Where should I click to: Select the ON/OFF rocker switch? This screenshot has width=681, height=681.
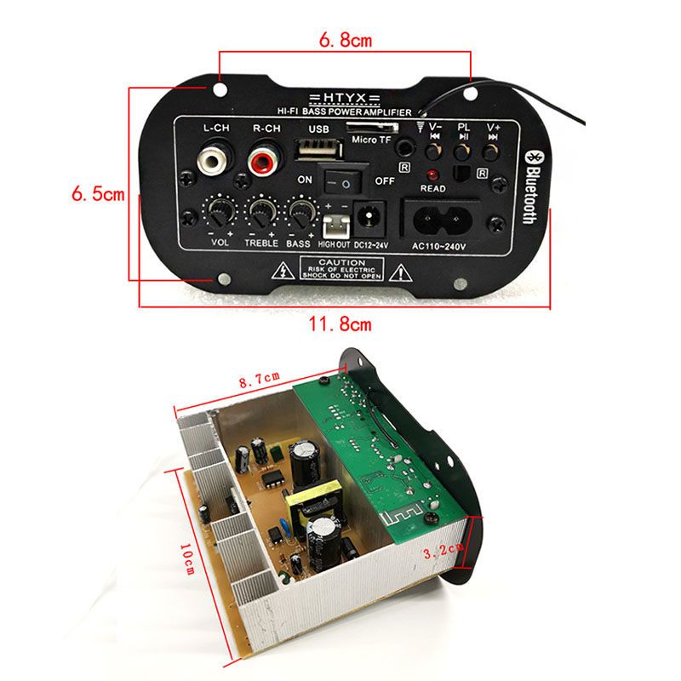click(346, 179)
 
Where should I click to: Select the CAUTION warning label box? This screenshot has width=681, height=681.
click(338, 270)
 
